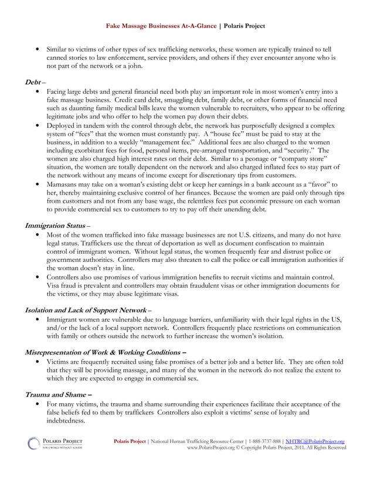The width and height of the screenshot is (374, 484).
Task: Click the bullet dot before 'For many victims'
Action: (x=38, y=404)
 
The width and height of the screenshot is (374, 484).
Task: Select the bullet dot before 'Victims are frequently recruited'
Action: (x=38, y=362)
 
